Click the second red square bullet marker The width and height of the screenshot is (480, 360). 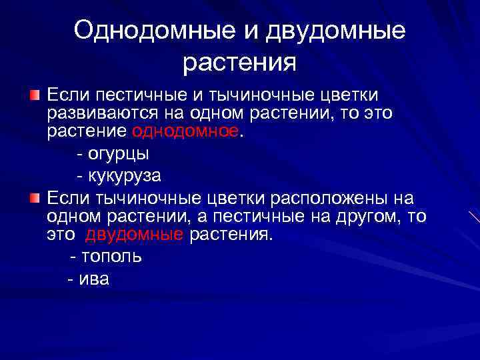(35, 198)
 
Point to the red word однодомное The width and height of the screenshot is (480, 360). (185, 131)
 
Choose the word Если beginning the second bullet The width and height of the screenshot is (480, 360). (68, 198)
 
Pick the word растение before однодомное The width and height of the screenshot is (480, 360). (87, 131)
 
